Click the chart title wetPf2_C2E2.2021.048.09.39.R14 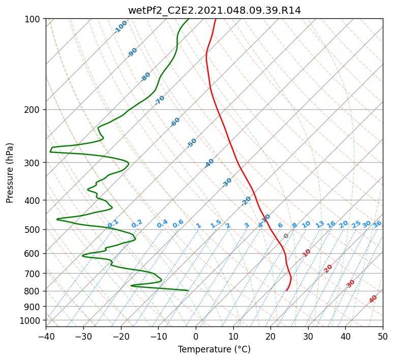[215, 11]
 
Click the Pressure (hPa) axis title [10, 173]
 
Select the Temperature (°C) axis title [215, 349]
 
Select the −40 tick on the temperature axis [46, 336]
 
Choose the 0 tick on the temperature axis [196, 336]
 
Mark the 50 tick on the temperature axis [383, 336]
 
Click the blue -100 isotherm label [120, 27]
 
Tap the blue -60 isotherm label [175, 122]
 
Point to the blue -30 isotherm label [227, 183]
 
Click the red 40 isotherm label [373, 299]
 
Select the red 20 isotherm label [328, 269]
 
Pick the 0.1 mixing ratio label [113, 223]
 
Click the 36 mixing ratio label [377, 224]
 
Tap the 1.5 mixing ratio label [216, 224]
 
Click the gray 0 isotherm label [286, 236]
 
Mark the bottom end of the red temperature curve [286, 291]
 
